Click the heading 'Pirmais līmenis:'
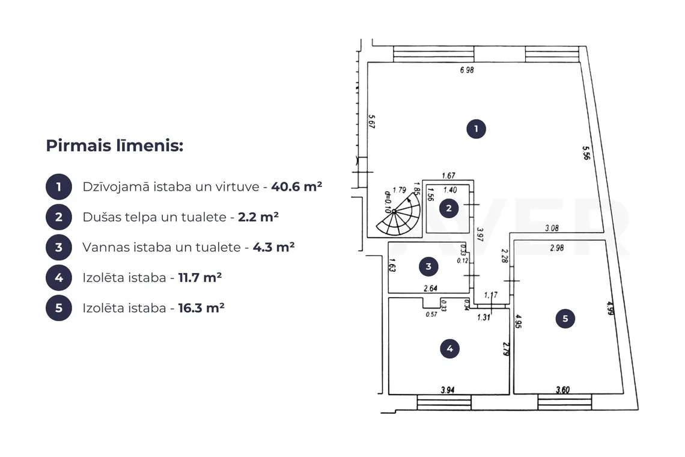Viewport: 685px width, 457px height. click(114, 146)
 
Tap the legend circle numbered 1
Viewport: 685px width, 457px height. click(58, 187)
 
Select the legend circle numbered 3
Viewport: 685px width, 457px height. click(58, 248)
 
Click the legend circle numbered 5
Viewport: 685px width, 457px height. click(58, 308)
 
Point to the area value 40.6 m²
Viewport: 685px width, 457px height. click(297, 186)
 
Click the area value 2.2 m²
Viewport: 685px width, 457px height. click(258, 217)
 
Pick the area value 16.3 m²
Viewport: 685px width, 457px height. click(201, 308)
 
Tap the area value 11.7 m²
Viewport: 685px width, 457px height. click(200, 278)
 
